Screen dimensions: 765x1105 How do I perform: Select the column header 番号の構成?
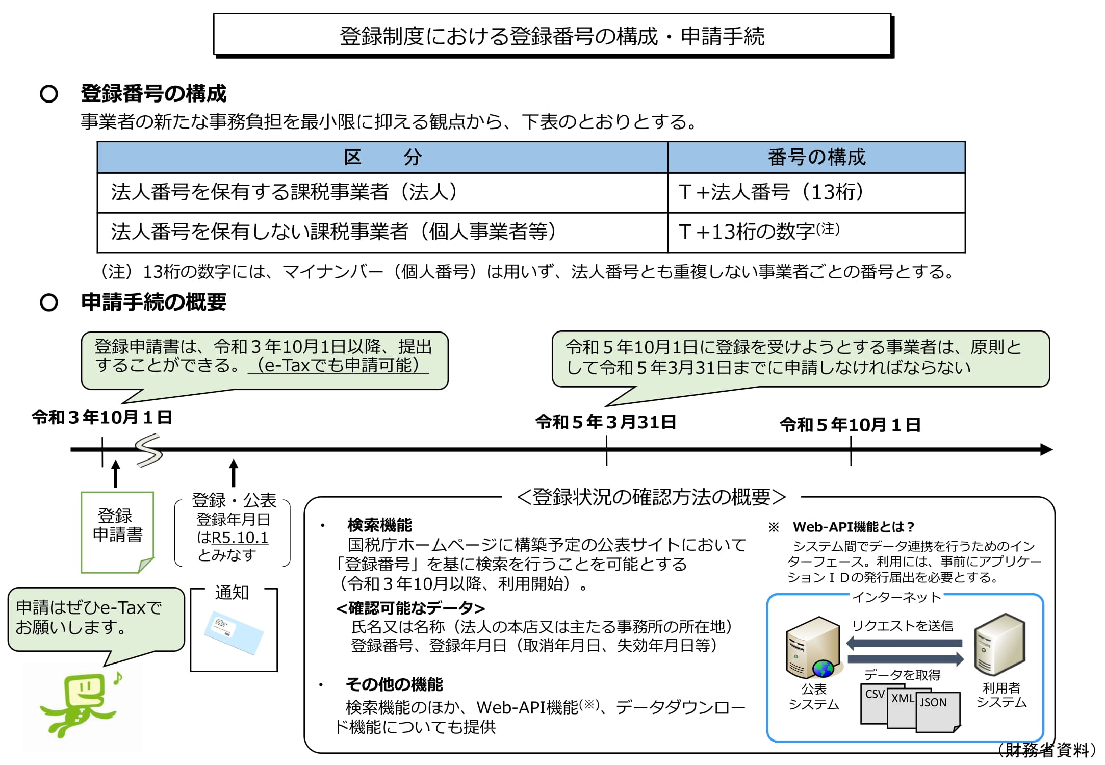coord(816,157)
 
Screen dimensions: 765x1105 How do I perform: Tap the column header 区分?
coord(382,157)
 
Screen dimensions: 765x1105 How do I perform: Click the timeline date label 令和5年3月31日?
coord(606,422)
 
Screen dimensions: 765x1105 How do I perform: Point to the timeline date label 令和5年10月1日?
coord(850,425)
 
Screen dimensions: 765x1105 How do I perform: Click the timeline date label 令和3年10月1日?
coord(102,417)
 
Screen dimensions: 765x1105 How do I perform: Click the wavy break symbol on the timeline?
coord(148,450)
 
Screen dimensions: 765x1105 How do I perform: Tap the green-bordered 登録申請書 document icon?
coord(117,531)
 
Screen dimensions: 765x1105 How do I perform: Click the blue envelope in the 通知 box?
coord(234,632)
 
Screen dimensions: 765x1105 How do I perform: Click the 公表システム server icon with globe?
coord(813,648)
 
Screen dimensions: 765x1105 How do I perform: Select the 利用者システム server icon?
coord(999,645)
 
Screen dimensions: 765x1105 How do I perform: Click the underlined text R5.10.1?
coord(240,538)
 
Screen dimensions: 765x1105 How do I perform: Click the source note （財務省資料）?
coord(1048,750)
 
